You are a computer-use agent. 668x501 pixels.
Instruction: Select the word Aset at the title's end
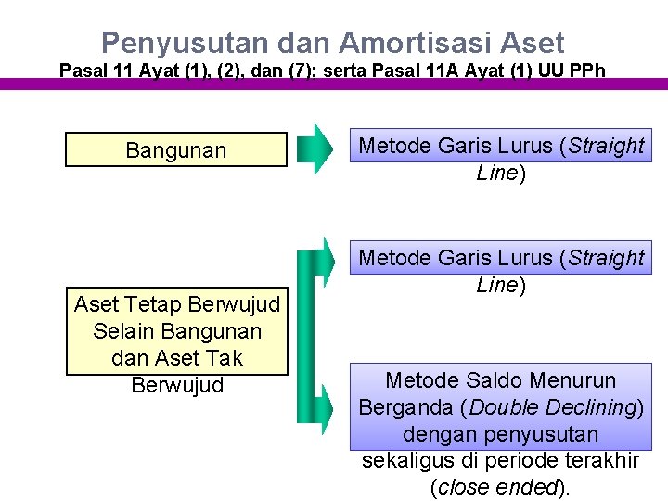tap(532, 43)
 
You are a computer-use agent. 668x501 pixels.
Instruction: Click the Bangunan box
tap(176, 150)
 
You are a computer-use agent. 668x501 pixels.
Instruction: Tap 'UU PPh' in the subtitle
tap(572, 71)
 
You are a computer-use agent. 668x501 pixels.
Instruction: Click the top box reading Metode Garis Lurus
tap(501, 159)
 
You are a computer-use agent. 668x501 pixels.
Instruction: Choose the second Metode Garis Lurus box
tap(501, 271)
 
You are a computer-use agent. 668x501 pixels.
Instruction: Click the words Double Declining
tap(555, 407)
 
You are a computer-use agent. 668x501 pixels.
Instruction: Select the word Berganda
tap(403, 407)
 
